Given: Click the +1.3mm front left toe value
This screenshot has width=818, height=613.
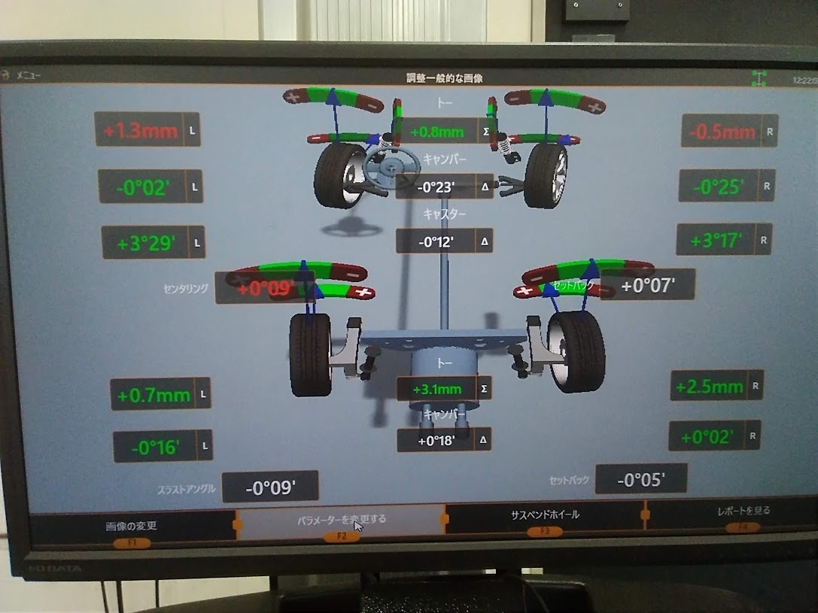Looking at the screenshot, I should point(140,130).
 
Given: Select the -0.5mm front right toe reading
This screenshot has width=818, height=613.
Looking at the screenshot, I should point(721,132).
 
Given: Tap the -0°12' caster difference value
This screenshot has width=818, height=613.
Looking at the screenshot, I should point(436,241).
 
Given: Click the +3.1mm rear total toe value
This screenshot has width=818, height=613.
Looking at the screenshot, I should point(436,389).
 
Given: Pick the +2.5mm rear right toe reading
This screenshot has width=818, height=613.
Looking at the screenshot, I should point(708,387).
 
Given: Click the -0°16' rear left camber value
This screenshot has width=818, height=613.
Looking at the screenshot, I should point(154,447).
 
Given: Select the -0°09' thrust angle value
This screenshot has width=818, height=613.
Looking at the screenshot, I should point(269,487).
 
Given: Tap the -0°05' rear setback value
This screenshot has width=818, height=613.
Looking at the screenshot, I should point(640,479).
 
